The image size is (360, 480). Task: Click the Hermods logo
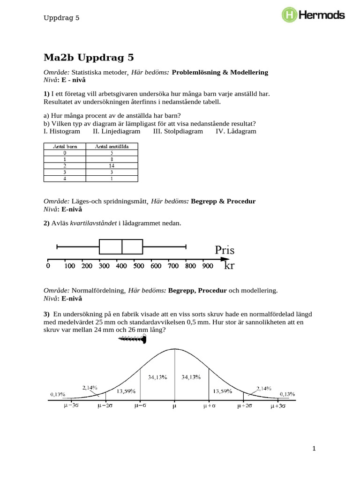click(x=313, y=15)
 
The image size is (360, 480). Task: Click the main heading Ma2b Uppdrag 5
click(x=89, y=58)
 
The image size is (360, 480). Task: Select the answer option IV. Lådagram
click(x=236, y=131)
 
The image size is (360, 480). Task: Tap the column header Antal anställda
click(x=112, y=146)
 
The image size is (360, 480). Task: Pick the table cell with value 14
click(x=112, y=165)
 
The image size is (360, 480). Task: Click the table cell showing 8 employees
click(x=112, y=159)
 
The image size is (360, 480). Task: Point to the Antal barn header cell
click(x=65, y=146)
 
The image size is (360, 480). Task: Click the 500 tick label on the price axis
click(x=138, y=266)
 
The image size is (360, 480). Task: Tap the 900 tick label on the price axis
click(x=207, y=266)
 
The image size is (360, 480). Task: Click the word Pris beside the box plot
click(x=225, y=250)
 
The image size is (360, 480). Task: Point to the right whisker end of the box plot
click(x=187, y=247)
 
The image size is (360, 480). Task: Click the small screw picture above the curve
click(x=133, y=341)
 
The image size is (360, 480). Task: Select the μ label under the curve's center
click(x=175, y=406)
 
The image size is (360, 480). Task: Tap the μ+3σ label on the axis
click(x=279, y=406)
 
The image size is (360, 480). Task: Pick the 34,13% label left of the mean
click(x=157, y=377)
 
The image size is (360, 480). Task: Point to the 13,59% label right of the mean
click(x=223, y=391)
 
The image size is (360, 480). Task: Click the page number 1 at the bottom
click(x=315, y=449)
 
